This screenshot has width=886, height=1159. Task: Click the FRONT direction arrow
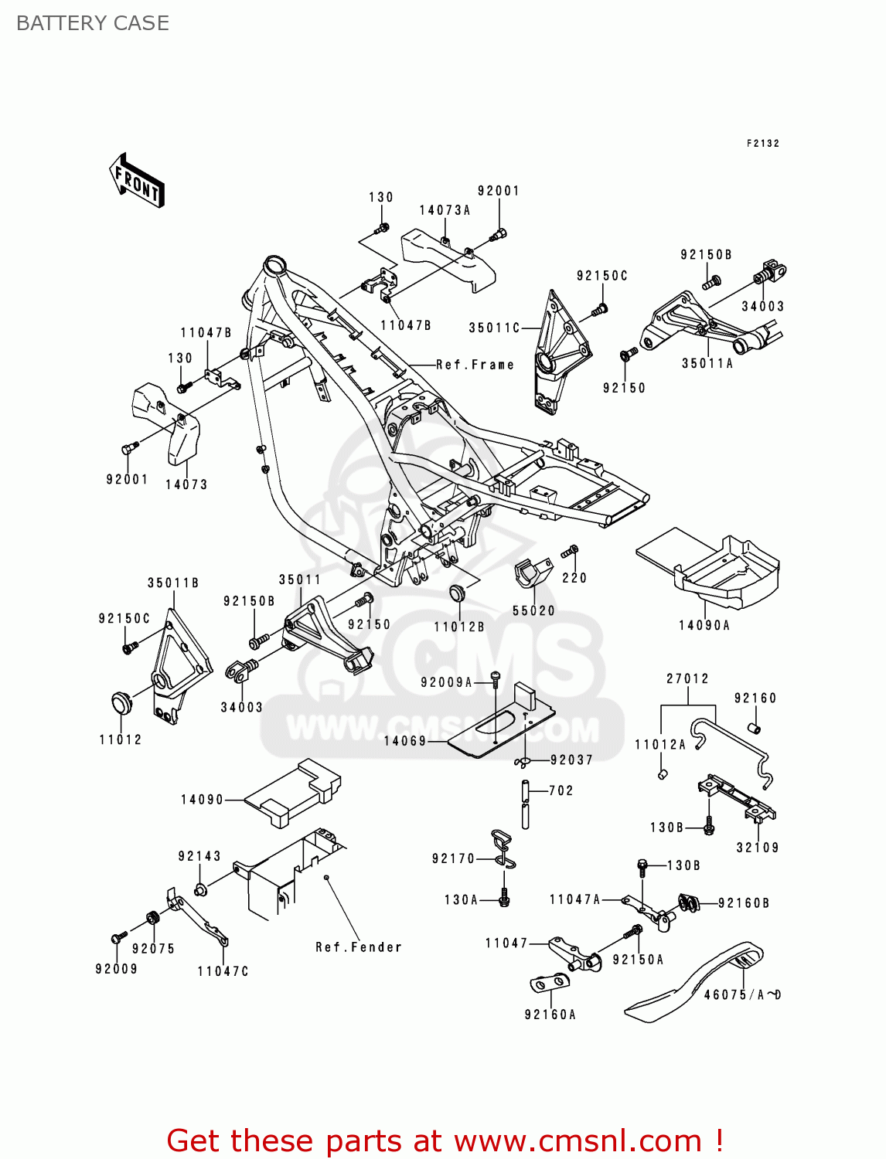coord(138,181)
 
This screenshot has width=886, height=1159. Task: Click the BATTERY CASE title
coord(93,23)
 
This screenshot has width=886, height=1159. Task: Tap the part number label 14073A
coord(445,210)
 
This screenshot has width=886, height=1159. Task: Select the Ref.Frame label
coord(475,365)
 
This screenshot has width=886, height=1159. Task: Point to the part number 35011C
coord(494,328)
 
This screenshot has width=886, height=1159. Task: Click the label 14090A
coord(704,626)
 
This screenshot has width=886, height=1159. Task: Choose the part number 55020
coord(533,610)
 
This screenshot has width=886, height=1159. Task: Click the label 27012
coord(687,678)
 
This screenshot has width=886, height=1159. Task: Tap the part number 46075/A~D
coord(742,995)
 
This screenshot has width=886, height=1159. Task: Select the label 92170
coord(453,858)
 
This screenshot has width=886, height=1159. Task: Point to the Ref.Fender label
coord(359,947)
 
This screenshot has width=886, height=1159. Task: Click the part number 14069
coord(405,741)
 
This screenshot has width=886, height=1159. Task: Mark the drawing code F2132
coord(762,144)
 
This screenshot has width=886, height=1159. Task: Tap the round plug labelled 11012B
coord(457,593)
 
